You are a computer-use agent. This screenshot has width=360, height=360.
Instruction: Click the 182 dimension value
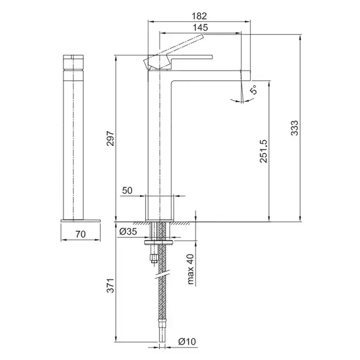tap(200, 16)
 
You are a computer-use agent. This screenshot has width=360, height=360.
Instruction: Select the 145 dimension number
tap(200, 28)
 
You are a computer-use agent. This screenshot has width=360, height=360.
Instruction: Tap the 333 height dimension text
tap(294, 128)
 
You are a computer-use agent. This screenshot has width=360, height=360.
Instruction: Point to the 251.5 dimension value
tap(263, 151)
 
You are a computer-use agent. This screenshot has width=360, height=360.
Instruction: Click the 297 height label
tap(111, 138)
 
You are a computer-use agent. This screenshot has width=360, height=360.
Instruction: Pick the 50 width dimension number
tap(127, 190)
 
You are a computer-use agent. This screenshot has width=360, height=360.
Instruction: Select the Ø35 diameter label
tap(128, 231)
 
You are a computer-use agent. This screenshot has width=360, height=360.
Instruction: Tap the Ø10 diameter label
tap(187, 341)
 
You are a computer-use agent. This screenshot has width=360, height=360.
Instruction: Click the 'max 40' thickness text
tap(191, 269)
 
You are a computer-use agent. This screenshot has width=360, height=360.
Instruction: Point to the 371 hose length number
tap(111, 285)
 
